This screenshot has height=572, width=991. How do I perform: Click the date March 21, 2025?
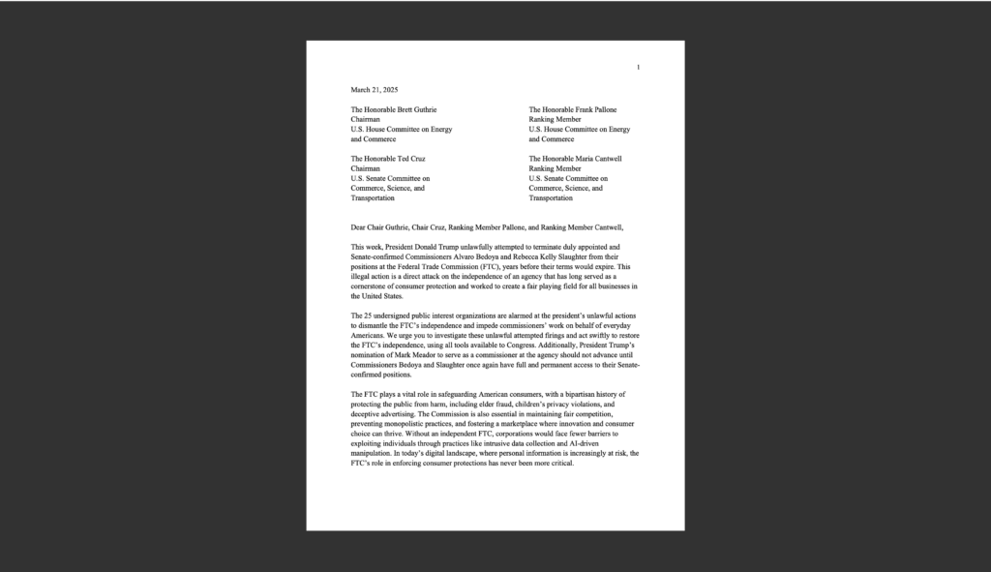pyautogui.click(x=374, y=89)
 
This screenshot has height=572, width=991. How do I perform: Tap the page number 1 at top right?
pyautogui.click(x=638, y=67)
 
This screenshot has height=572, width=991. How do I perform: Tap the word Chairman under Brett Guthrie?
pyautogui.click(x=366, y=120)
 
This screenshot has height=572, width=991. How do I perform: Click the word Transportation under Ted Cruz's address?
pyautogui.click(x=373, y=197)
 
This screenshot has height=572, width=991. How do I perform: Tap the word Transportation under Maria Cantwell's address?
pyautogui.click(x=551, y=197)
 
